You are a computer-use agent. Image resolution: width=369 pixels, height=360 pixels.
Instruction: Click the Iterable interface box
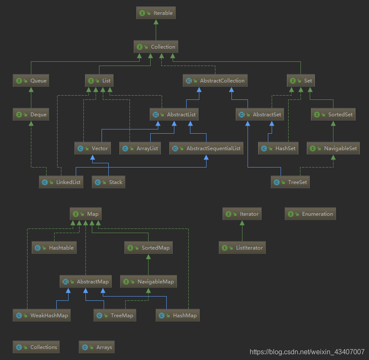pos(156,13)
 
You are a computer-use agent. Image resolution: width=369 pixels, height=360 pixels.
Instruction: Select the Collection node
pos(156,47)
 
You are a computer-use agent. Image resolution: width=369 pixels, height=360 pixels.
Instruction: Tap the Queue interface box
pos(31,81)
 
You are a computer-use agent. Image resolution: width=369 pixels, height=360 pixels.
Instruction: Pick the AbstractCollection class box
pos(215,81)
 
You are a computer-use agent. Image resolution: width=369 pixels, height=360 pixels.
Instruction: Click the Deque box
pos(31,115)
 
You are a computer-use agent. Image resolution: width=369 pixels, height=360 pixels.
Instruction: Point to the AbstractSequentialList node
pos(206,148)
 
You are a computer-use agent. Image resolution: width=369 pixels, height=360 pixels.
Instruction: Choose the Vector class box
pos(93,148)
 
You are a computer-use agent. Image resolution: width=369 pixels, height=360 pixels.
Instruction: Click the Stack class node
pos(109,182)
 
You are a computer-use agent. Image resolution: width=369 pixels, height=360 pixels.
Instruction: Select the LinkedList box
pos(61,182)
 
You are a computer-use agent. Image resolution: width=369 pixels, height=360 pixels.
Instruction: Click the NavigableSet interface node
pos(333,148)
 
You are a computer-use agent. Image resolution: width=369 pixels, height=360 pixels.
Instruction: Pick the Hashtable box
pos(54,248)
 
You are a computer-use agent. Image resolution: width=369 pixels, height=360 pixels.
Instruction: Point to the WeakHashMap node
pos(41,316)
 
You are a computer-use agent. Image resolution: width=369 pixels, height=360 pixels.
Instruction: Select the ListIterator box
pos(242,248)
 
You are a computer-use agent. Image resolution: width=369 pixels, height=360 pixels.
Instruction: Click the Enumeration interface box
pos(311,214)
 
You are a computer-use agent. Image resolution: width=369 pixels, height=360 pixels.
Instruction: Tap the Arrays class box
pos(96,347)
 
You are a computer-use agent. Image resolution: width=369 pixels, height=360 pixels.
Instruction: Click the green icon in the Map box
pos(75,214)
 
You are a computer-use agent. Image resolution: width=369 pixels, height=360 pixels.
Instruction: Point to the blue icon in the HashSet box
pos(264,148)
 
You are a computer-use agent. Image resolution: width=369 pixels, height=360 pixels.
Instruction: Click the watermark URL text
pos(307,352)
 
